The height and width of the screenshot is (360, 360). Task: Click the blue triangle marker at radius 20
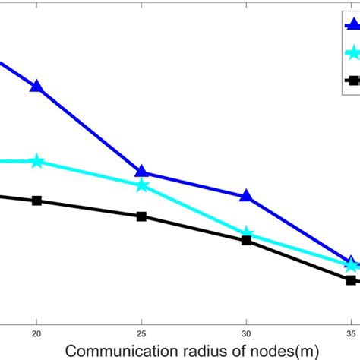[x=36, y=86]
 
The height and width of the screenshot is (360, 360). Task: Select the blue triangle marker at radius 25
[x=141, y=172]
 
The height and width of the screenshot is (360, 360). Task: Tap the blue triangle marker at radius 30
[x=246, y=196]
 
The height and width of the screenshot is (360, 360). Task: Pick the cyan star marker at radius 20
[x=36, y=161]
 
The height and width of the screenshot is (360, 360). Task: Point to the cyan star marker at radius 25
[x=141, y=185]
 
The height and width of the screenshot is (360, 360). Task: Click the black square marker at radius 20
[x=36, y=201]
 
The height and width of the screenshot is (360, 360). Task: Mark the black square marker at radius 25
[x=141, y=216]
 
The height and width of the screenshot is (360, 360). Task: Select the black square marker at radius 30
[x=246, y=240]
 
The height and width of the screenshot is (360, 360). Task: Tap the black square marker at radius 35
[x=351, y=280]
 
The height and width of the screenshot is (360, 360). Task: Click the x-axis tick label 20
[x=36, y=333]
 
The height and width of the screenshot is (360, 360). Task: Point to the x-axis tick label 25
[x=141, y=333]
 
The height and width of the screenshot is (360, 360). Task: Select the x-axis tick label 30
[x=246, y=333]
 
